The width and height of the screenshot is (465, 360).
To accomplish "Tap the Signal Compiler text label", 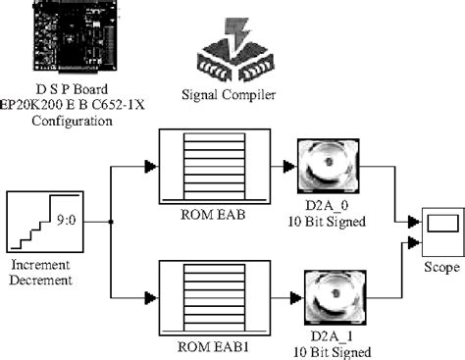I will (228, 94).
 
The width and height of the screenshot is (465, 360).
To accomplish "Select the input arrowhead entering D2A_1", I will (289, 293).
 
